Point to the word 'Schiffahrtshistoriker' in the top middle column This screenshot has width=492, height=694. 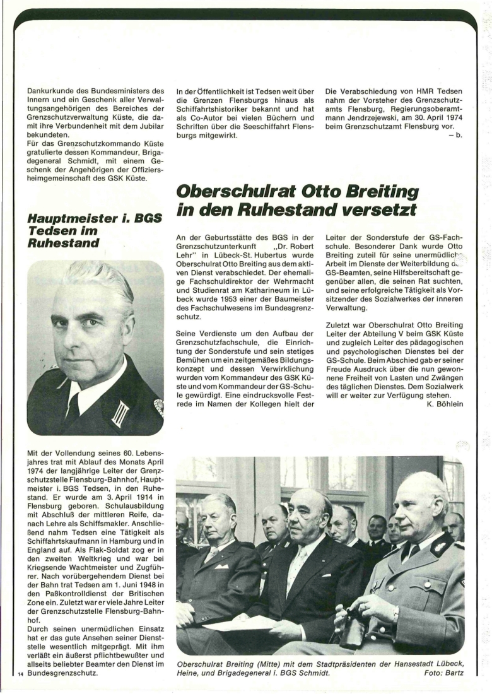(217, 109)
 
